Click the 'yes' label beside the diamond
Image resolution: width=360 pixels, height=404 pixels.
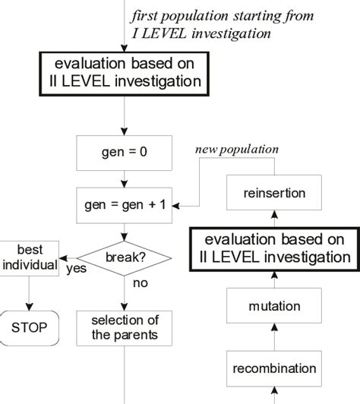pyautogui.click(x=75, y=267)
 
